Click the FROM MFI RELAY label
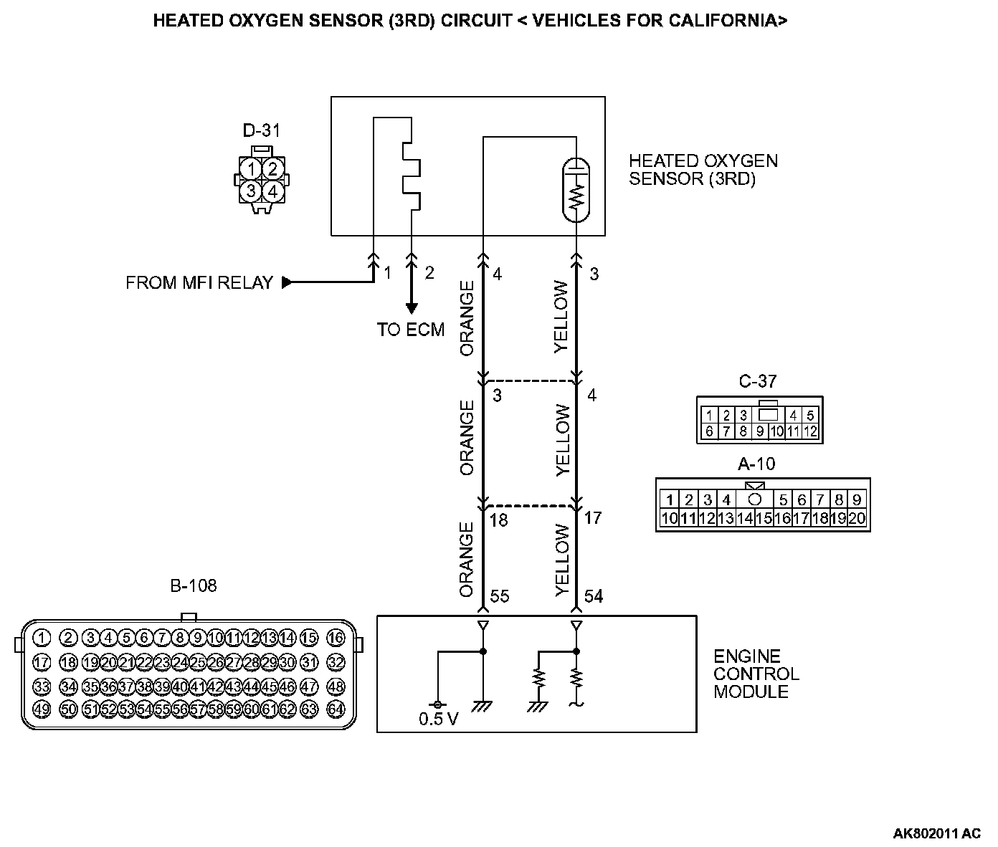pyautogui.click(x=199, y=283)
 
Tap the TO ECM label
pyautogui.click(x=411, y=330)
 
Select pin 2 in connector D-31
pyautogui.click(x=271, y=169)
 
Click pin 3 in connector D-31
pyautogui.click(x=251, y=191)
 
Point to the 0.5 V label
pyautogui.click(x=439, y=719)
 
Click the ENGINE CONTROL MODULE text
pyautogui.click(x=756, y=674)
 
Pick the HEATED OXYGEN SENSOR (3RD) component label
pyautogui.click(x=703, y=170)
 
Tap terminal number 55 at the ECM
pyautogui.click(x=499, y=596)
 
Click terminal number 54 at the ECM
pyautogui.click(x=594, y=596)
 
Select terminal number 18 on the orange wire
pyautogui.click(x=498, y=520)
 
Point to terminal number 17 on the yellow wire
pyautogui.click(x=593, y=517)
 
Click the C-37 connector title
pyautogui.click(x=758, y=382)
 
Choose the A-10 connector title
pyautogui.click(x=756, y=464)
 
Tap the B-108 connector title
pyautogui.click(x=193, y=586)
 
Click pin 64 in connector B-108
pyautogui.click(x=336, y=709)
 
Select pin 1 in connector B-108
pyautogui.click(x=42, y=638)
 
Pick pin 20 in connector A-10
pyautogui.click(x=857, y=518)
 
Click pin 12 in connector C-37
pyautogui.click(x=810, y=431)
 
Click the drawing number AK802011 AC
pyautogui.click(x=936, y=833)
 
